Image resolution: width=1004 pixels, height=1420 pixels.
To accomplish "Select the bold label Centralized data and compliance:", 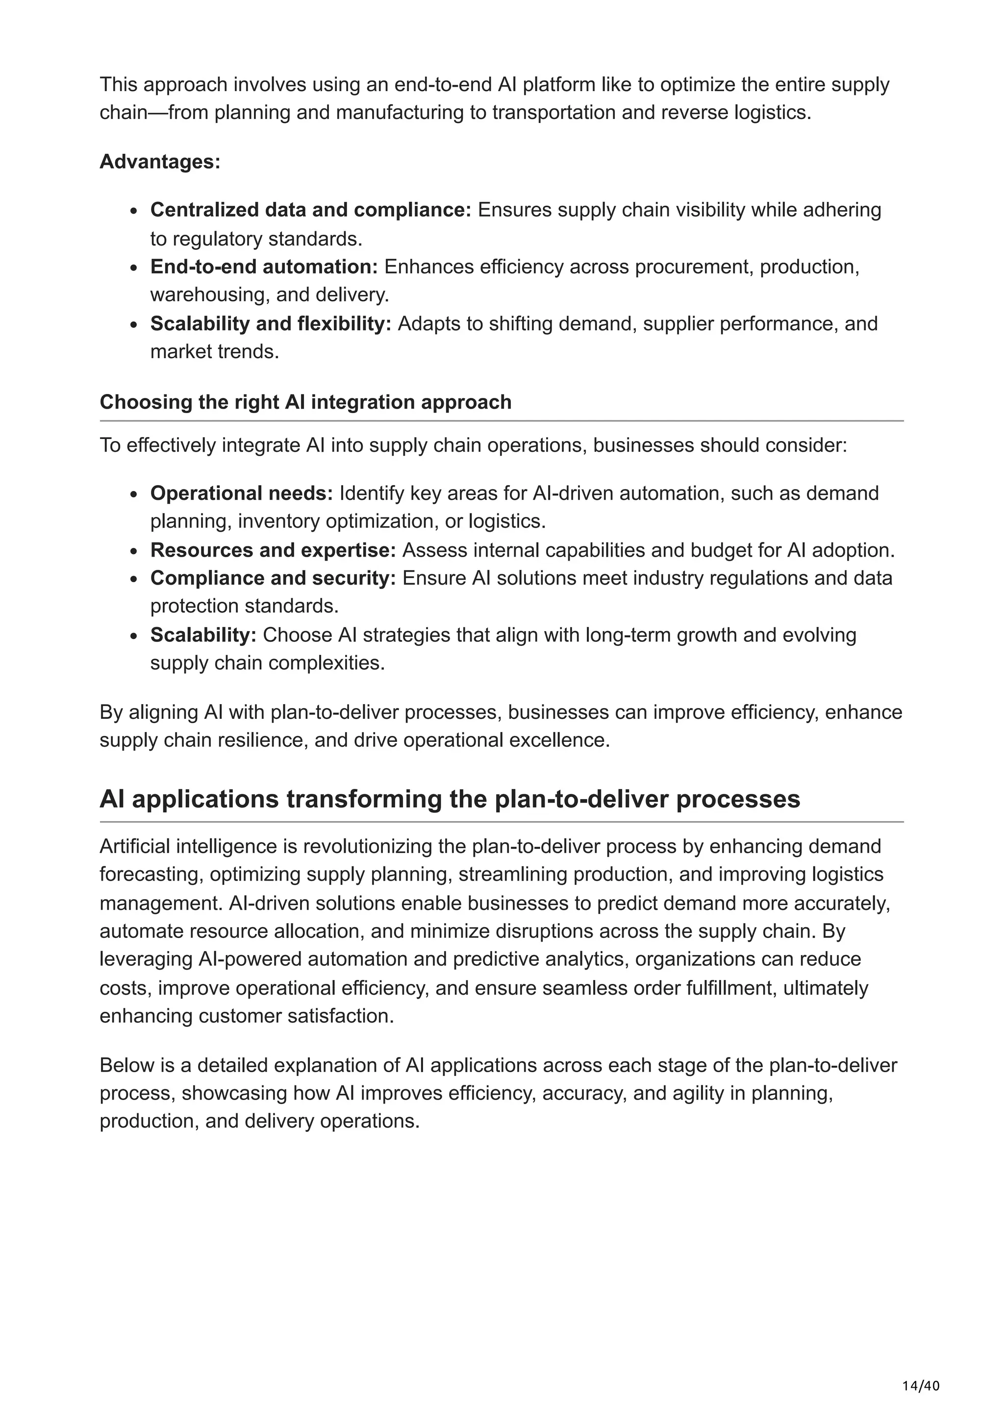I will [310, 210].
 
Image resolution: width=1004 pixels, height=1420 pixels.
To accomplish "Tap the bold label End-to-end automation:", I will [264, 267].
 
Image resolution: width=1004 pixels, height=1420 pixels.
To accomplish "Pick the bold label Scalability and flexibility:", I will [270, 323].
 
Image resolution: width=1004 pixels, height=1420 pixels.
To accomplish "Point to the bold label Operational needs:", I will [241, 493].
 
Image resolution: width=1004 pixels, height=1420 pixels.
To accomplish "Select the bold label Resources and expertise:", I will [273, 550].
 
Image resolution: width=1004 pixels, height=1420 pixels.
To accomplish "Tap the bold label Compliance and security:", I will [273, 578].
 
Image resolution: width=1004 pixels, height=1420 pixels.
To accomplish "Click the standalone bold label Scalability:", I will [203, 635].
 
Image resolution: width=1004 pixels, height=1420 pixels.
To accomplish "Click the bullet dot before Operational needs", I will [134, 495].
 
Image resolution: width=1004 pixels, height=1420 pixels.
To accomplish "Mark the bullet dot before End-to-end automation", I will [134, 269].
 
